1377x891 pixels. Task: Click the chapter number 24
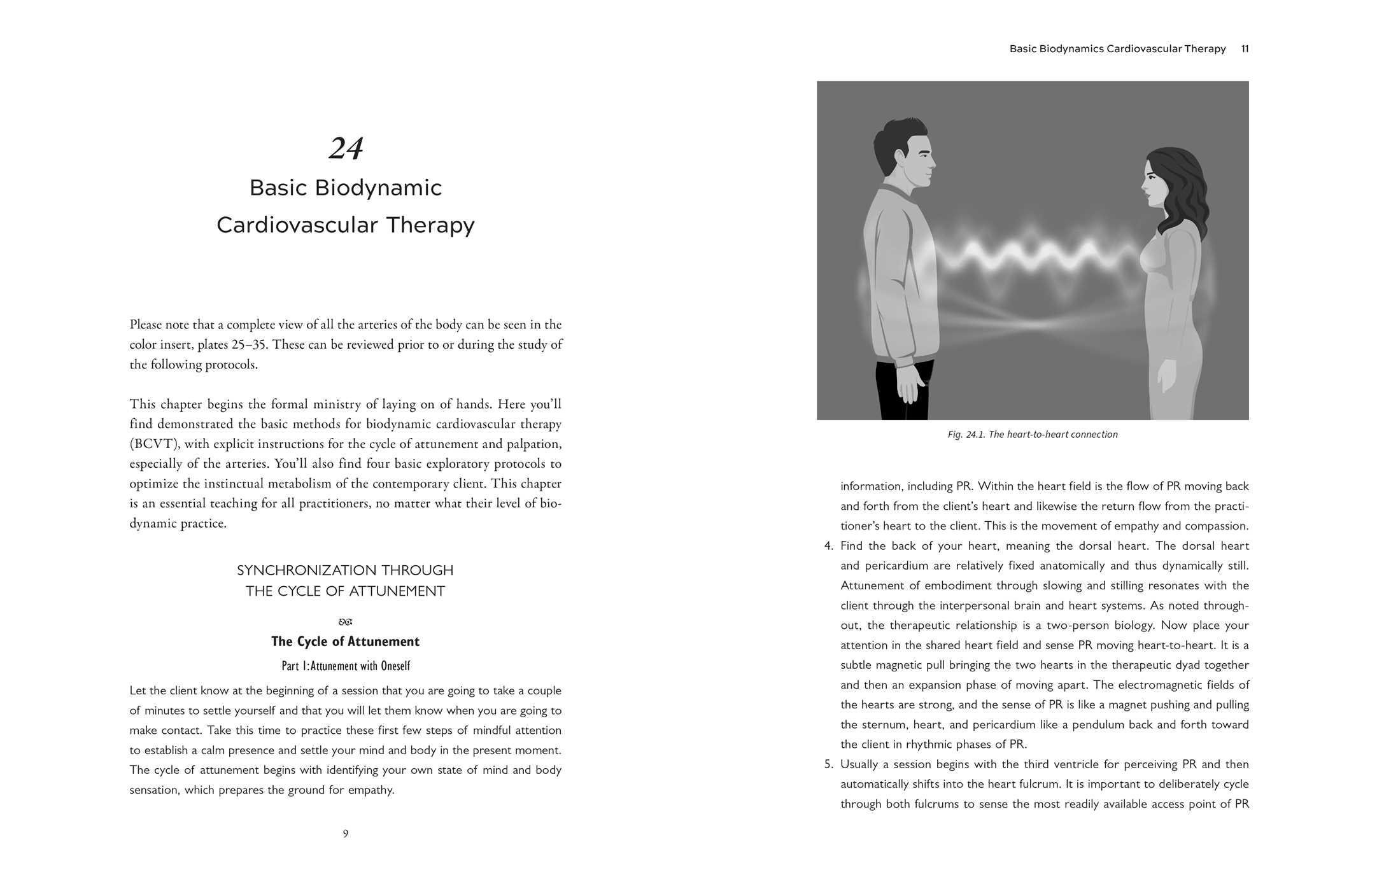coord(346,148)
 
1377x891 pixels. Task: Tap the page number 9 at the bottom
coord(346,834)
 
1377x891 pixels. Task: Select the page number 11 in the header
coord(1245,49)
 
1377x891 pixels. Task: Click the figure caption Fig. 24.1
coord(1032,435)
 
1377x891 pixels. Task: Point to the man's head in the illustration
coord(904,156)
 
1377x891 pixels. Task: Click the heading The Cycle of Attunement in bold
coord(345,642)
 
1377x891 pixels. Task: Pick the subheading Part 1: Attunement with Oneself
coord(346,666)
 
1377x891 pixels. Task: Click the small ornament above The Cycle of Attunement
coord(346,622)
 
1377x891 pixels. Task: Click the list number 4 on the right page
coord(828,546)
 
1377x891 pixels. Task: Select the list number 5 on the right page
coord(828,764)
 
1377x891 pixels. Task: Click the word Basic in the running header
coord(1022,49)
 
